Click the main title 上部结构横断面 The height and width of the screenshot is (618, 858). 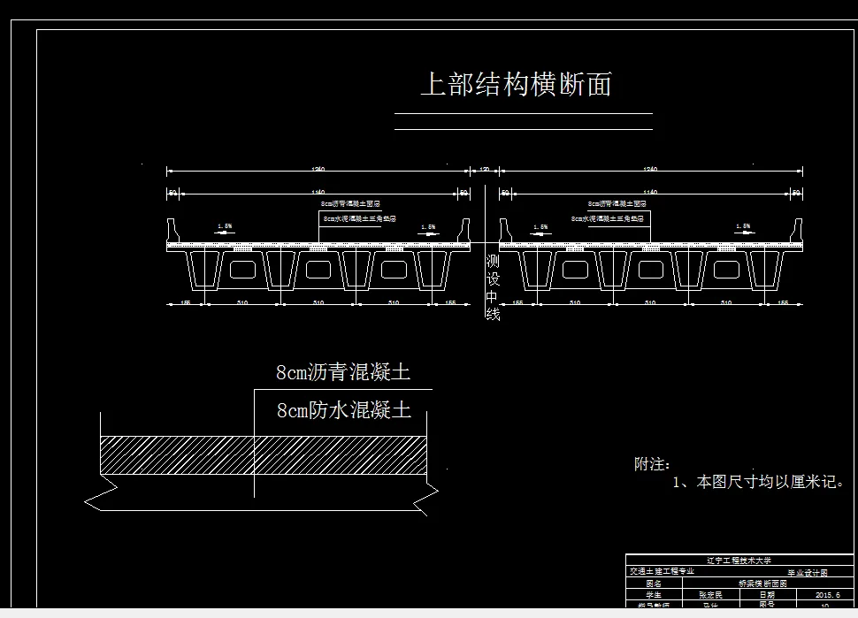(x=516, y=85)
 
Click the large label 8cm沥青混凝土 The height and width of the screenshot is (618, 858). (x=343, y=372)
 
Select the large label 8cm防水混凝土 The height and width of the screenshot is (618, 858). (x=343, y=410)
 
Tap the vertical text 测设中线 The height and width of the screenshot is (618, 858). (x=493, y=288)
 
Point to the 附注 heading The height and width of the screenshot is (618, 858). (x=652, y=464)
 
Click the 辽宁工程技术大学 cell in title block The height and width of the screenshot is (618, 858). (x=739, y=560)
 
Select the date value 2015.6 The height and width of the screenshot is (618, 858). (x=822, y=595)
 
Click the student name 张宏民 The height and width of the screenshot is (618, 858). (x=711, y=595)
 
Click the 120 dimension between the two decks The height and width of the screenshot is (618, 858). (x=485, y=169)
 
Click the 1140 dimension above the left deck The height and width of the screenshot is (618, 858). (x=318, y=192)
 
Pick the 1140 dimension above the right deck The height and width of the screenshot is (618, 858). (x=651, y=192)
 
